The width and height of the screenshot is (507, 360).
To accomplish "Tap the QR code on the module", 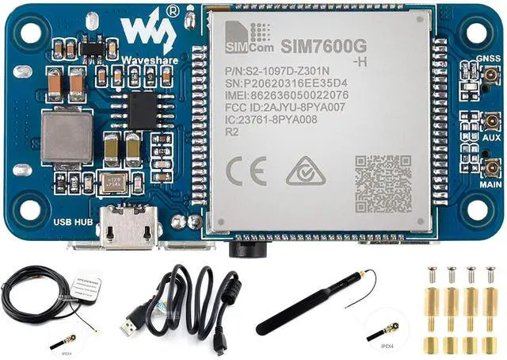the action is [x=383, y=182].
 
